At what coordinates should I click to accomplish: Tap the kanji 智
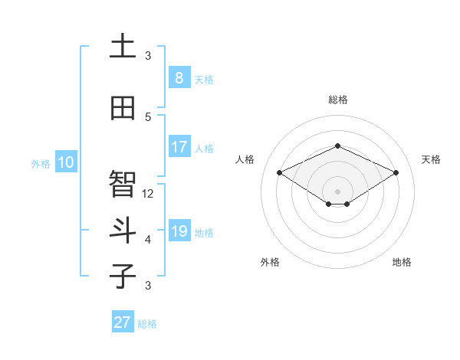point(123,184)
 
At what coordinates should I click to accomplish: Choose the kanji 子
point(123,276)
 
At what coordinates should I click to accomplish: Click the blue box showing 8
point(179,77)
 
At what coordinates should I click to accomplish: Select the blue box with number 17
point(179,147)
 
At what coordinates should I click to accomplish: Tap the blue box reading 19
point(179,231)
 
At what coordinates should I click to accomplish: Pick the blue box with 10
point(65,162)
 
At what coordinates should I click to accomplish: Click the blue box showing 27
point(122,322)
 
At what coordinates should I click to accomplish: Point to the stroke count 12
point(149,194)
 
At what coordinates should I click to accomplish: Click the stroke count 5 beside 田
point(148,116)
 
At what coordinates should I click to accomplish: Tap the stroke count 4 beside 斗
point(148,240)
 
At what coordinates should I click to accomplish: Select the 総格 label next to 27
point(147,324)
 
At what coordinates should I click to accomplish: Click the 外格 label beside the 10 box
point(40,163)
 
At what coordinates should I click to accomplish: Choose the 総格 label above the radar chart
point(337,100)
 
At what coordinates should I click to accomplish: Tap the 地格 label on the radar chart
point(402,262)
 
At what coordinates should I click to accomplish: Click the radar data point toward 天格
point(396,172)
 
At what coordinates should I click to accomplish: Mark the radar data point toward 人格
point(280,172)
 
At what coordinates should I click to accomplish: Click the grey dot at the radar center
point(337,191)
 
